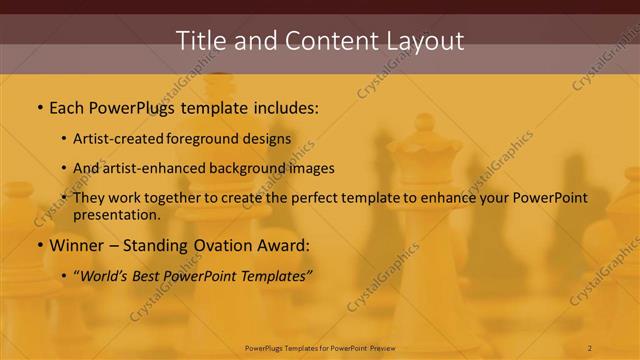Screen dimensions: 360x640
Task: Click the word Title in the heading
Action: tap(200, 41)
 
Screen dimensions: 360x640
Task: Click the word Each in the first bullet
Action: tap(68, 106)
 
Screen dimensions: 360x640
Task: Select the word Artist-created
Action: tap(119, 139)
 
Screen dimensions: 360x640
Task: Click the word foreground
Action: tap(209, 139)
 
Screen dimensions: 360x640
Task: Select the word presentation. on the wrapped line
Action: tap(116, 214)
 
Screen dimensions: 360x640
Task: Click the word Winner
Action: tap(78, 244)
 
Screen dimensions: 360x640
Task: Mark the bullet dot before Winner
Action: tap(39, 245)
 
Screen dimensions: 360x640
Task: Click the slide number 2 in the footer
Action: tap(590, 348)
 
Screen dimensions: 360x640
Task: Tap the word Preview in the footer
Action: tap(378, 348)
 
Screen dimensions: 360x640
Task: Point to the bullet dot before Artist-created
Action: tap(64, 140)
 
